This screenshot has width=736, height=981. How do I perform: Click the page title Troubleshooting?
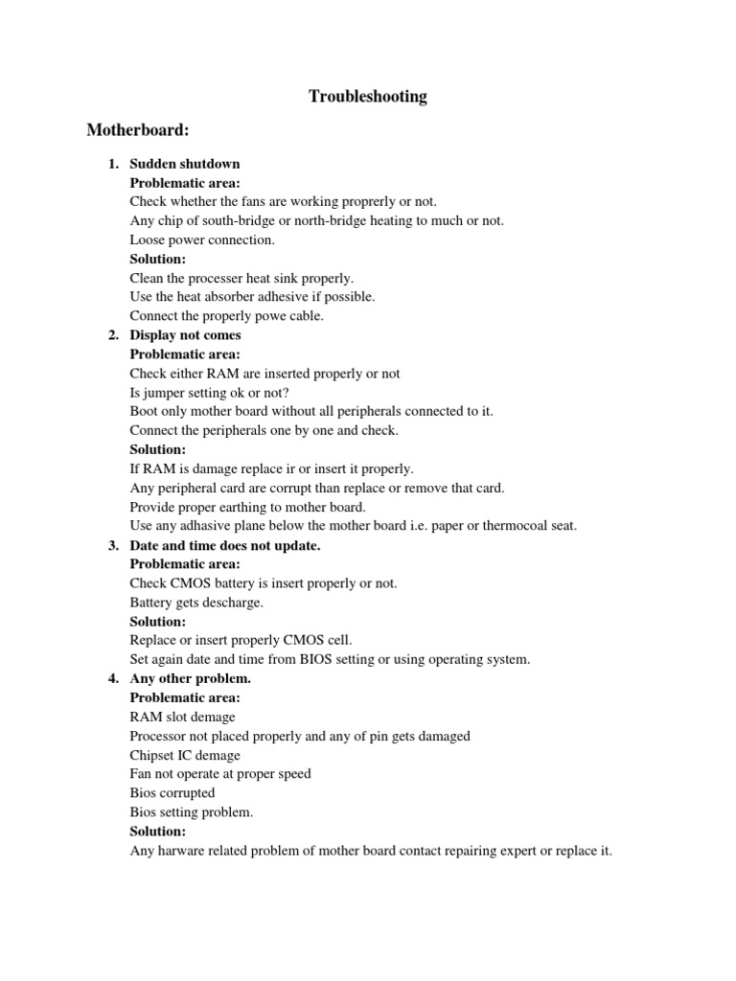point(368,97)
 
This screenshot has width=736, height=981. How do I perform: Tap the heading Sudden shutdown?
point(185,164)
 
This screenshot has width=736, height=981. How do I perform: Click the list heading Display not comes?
point(186,335)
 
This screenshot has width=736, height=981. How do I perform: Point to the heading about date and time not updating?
point(225,545)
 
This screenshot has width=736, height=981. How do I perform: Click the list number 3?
point(113,545)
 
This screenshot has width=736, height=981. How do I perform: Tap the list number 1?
point(113,164)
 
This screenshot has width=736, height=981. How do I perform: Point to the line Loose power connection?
point(202,240)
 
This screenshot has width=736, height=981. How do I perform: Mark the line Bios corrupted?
point(172,793)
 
